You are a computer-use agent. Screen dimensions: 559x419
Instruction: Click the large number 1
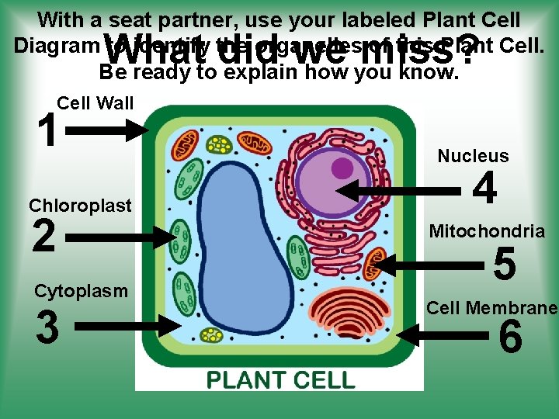(x=47, y=130)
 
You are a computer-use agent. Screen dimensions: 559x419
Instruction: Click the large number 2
(x=44, y=237)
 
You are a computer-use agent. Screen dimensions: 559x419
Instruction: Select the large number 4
(x=485, y=189)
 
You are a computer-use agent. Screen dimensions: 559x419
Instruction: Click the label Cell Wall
(x=95, y=103)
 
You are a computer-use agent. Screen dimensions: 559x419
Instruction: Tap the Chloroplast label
(x=80, y=206)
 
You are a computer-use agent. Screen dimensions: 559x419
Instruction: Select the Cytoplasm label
(x=81, y=292)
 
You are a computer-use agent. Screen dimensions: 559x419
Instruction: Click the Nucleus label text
(x=473, y=156)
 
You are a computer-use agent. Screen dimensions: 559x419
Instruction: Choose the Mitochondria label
(x=487, y=231)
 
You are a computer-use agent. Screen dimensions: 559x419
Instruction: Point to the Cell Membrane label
(x=491, y=308)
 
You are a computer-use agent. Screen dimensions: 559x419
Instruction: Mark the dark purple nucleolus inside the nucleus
(x=342, y=168)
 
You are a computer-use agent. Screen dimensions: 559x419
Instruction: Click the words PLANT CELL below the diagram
(x=279, y=380)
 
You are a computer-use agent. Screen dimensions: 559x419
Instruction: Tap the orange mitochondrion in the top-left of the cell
(x=185, y=144)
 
